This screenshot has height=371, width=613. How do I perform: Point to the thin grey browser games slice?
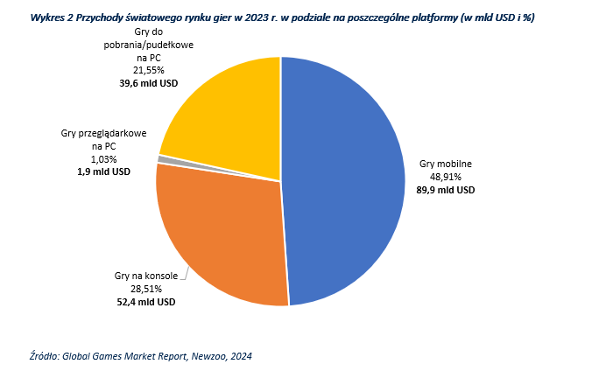coord(161,158)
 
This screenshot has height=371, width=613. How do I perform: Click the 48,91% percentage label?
coord(446,176)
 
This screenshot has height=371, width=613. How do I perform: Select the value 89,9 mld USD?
coord(446,189)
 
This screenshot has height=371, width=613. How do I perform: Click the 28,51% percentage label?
coord(145,289)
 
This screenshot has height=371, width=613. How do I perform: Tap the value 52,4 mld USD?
coord(145,302)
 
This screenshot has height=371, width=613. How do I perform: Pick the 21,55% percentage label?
coord(148,71)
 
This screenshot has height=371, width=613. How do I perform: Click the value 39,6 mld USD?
coord(148,84)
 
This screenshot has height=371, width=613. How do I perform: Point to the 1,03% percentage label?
coord(103,159)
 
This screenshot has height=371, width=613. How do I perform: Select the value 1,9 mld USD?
coord(103,172)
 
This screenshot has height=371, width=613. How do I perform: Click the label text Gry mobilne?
coord(446,163)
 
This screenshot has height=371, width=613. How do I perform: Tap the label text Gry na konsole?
coord(145,276)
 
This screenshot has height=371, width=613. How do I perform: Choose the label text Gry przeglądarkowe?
coord(103,133)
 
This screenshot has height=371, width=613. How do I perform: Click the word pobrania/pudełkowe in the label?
coord(148,45)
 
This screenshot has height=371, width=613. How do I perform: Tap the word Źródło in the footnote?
coord(43,355)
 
